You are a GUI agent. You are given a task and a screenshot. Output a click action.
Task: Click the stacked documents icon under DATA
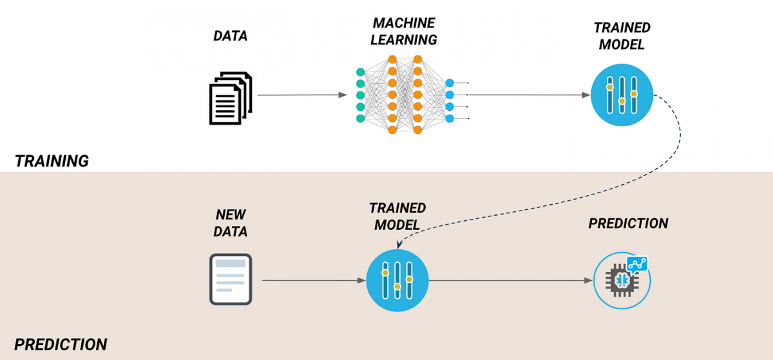coord(231,99)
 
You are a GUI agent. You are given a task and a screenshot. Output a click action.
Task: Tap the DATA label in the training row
coord(231,36)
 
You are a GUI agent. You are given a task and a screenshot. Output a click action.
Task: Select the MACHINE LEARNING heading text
coord(405,32)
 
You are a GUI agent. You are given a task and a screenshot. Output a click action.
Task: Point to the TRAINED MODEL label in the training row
coord(622,36)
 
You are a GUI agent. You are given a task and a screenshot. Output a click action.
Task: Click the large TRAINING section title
coord(52,161)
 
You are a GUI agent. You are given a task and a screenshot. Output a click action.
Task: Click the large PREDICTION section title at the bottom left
coord(61,344)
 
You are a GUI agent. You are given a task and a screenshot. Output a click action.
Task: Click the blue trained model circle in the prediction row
coord(397,280)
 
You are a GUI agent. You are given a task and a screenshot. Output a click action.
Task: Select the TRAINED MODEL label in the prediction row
coord(397,216)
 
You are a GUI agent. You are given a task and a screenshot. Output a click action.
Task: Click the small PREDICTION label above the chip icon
coord(628,223)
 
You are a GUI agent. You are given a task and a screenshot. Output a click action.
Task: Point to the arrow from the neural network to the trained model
coord(528,95)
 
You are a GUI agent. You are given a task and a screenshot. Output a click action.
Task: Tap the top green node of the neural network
coord(360,71)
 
